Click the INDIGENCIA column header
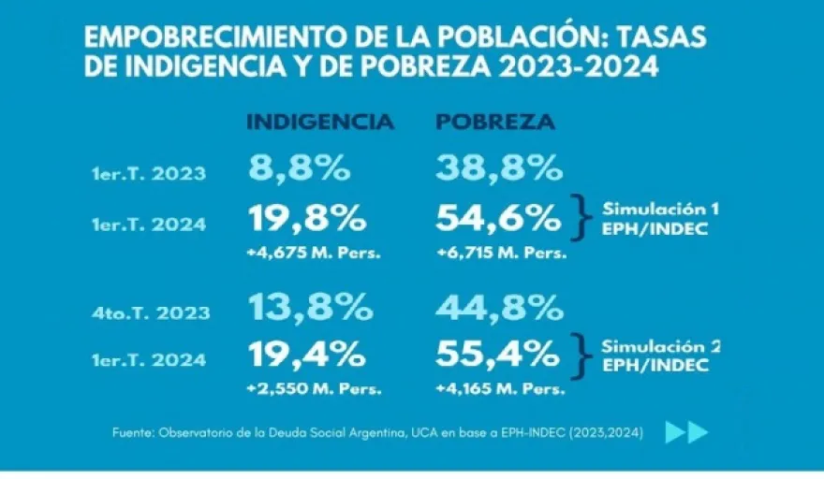pyautogui.click(x=319, y=123)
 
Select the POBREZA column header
pyautogui.click(x=495, y=123)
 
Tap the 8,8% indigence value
pyautogui.click(x=300, y=168)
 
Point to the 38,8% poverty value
pyautogui.click(x=499, y=168)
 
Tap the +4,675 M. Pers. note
pyautogui.click(x=315, y=254)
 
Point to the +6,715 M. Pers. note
pyautogui.click(x=501, y=254)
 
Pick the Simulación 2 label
pyautogui.click(x=660, y=346)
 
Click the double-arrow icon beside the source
pyautogui.click(x=686, y=432)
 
